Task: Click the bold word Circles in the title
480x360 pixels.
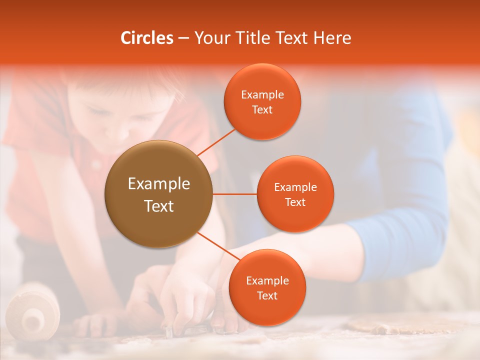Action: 146,38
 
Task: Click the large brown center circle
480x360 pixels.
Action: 159,194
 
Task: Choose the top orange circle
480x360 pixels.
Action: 262,101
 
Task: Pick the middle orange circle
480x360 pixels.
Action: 295,194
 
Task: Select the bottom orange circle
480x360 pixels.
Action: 267,287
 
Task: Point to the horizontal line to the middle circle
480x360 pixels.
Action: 235,194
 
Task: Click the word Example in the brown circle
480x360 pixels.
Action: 159,184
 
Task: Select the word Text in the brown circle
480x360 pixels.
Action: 159,206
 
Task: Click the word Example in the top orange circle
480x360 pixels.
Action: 262,94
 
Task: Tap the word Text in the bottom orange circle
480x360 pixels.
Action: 267,295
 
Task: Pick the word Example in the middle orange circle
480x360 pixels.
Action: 295,187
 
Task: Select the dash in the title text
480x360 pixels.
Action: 183,38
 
